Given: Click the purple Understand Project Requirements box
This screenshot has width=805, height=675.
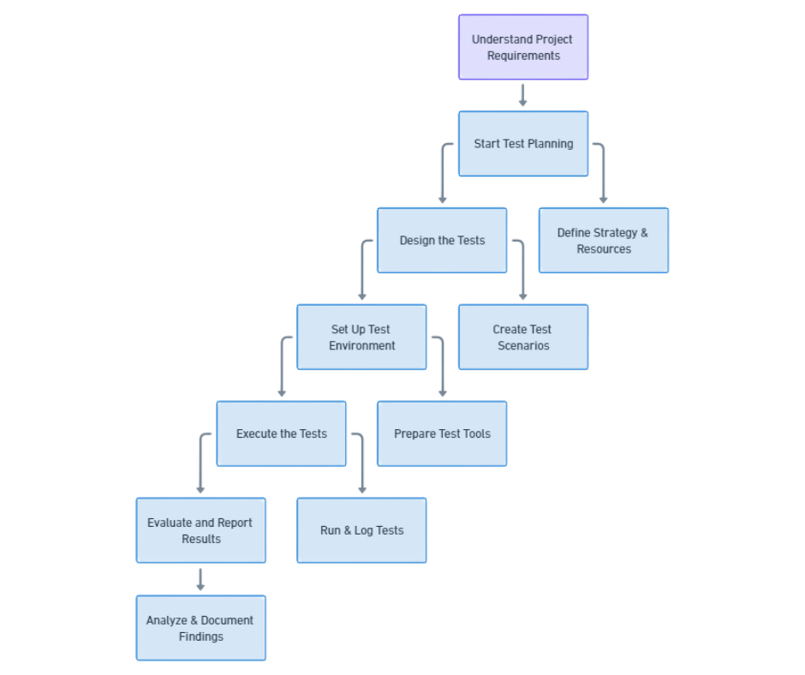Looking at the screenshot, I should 523,47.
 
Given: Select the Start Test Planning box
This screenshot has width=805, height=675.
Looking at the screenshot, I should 523,144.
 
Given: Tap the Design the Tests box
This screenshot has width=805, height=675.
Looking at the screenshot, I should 442,241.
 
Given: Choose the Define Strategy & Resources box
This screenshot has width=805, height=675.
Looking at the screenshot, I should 603,241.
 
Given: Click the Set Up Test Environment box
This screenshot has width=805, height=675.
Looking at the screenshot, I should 361,337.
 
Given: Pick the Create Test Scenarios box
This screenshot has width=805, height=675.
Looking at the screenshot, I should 523,337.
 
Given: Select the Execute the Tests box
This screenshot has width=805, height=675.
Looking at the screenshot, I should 281,434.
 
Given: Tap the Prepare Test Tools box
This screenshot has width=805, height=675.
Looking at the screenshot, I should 442,434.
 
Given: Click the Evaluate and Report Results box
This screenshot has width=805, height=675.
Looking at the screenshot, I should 200,531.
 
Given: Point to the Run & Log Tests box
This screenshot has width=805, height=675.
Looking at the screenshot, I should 361,531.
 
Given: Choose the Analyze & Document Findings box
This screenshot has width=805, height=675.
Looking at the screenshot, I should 200,628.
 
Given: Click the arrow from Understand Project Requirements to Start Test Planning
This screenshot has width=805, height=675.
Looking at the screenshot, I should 523,95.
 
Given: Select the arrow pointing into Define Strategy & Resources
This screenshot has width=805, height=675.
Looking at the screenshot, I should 603,176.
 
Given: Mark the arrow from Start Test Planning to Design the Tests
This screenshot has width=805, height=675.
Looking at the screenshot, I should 443,176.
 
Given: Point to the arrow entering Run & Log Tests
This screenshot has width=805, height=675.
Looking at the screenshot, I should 361,466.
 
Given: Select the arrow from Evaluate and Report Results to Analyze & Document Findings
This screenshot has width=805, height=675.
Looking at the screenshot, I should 200,579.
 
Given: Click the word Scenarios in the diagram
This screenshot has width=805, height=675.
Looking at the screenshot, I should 523,346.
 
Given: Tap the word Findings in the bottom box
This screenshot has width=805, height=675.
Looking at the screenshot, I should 201,636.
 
